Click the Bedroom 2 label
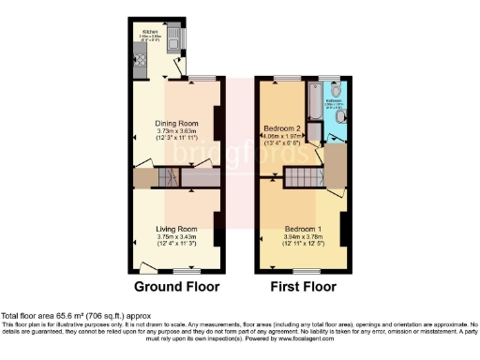click(281, 127)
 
